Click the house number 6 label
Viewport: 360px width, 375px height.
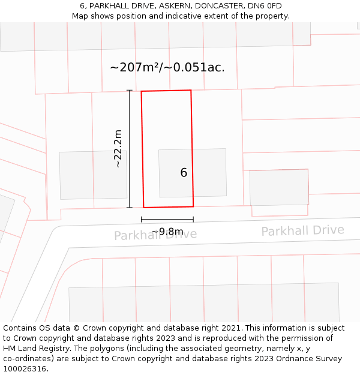[x=184, y=173]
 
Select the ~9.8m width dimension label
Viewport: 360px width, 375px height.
[x=167, y=232]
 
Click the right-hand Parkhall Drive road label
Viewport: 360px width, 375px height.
[x=302, y=230]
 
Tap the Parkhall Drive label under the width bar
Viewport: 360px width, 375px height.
[x=155, y=235]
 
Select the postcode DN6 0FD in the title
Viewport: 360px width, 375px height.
[x=260, y=6]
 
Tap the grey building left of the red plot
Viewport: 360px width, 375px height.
[x=93, y=175]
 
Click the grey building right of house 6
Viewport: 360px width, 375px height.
[x=279, y=187]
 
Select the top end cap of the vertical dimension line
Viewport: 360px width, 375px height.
[x=130, y=91]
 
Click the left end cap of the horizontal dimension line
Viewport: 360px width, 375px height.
[x=142, y=220]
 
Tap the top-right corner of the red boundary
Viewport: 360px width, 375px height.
[x=191, y=91]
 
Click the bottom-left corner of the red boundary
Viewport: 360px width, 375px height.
[x=144, y=208]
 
